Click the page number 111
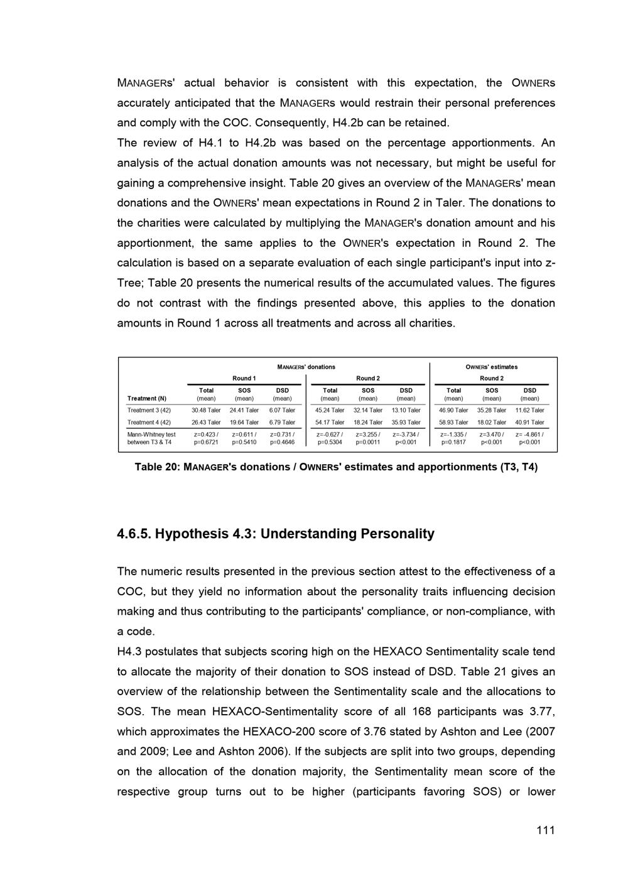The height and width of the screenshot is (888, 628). coord(545,830)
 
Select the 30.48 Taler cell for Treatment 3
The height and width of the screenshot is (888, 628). coord(206,410)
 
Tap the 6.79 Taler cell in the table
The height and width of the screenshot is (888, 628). coord(282,423)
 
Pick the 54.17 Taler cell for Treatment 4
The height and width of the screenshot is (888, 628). coord(330,423)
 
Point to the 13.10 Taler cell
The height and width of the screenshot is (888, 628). coord(406,410)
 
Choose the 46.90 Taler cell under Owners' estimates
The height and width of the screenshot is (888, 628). coord(453,410)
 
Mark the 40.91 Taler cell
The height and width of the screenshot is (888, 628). coord(529,423)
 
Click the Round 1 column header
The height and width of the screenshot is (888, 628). coord(244,378)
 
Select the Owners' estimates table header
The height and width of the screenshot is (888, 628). coord(491,367)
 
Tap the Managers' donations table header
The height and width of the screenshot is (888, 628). coord(306,367)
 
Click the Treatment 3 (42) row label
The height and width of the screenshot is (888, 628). coord(149,410)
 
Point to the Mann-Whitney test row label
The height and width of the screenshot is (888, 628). coord(151,435)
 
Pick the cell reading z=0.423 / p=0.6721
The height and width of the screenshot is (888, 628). coord(206,438)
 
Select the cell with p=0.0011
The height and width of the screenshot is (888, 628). coord(368,442)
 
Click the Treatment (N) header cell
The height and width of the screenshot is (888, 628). coord(147,398)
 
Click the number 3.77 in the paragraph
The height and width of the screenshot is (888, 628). coord(543,712)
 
